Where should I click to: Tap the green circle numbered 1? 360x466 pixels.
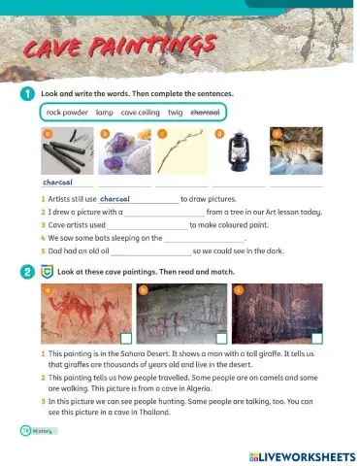(24, 93)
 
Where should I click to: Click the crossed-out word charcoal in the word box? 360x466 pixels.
(208, 112)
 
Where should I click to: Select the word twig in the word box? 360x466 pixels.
(176, 112)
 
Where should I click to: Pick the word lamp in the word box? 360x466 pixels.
(106, 112)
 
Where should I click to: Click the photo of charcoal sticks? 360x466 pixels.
(68, 151)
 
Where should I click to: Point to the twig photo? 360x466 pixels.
(180, 152)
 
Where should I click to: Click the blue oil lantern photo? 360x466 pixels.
(237, 152)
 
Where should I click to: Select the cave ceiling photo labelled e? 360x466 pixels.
(295, 152)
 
